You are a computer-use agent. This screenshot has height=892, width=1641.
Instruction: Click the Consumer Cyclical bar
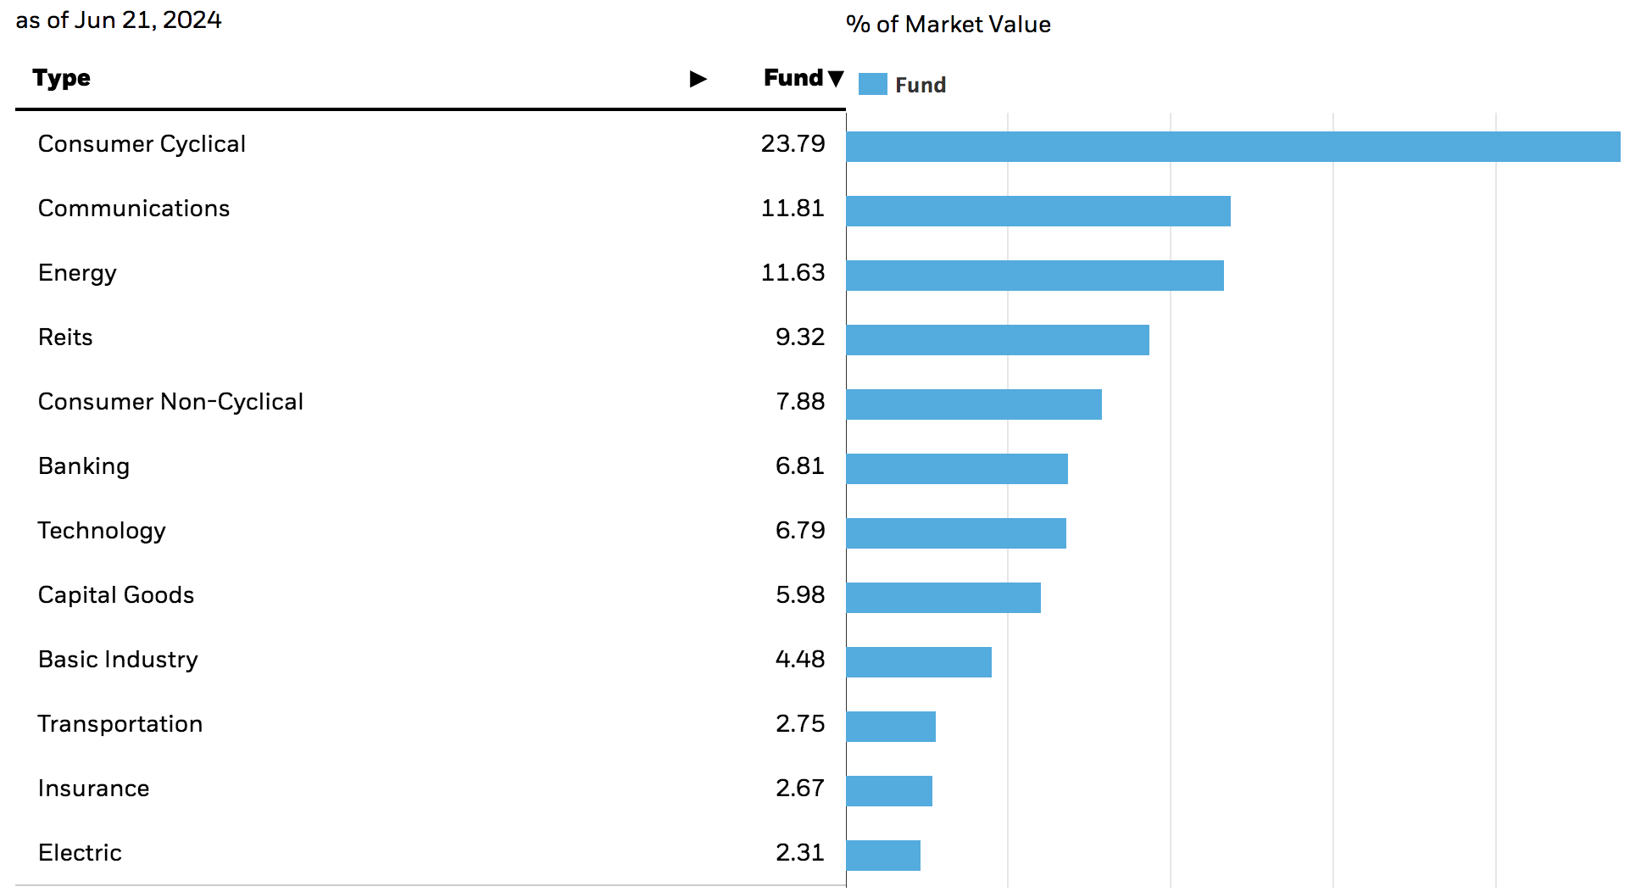click(x=1232, y=147)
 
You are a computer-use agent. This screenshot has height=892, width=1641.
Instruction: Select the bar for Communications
click(x=1037, y=211)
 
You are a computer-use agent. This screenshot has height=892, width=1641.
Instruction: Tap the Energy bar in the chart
click(x=1034, y=276)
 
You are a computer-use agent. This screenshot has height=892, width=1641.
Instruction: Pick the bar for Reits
click(x=997, y=340)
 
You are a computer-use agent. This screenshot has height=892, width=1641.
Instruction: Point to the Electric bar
click(x=882, y=856)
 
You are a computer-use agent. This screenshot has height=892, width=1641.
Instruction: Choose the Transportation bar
click(x=890, y=727)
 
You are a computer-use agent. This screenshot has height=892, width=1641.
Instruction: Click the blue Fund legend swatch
click(x=872, y=84)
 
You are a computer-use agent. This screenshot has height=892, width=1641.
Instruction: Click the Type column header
click(x=61, y=78)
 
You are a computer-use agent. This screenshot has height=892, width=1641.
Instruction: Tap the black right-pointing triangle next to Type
click(x=698, y=79)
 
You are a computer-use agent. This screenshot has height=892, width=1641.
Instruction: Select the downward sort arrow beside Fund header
click(x=836, y=79)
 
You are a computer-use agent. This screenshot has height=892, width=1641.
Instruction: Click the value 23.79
click(x=793, y=144)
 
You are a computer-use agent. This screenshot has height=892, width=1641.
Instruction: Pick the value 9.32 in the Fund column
click(x=799, y=337)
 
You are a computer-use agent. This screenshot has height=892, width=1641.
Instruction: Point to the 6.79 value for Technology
click(x=799, y=531)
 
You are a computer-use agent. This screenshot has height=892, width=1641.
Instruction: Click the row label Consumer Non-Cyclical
click(x=170, y=402)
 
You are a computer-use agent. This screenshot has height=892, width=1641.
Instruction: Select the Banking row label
click(x=84, y=466)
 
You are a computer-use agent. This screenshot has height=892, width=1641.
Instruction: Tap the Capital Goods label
click(x=116, y=595)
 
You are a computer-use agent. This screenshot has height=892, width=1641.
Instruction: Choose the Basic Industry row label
click(x=118, y=660)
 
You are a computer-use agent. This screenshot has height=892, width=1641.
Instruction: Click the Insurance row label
click(x=93, y=789)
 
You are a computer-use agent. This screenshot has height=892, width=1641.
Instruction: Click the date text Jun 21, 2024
click(x=147, y=20)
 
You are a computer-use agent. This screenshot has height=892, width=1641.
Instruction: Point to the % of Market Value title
click(x=948, y=25)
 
